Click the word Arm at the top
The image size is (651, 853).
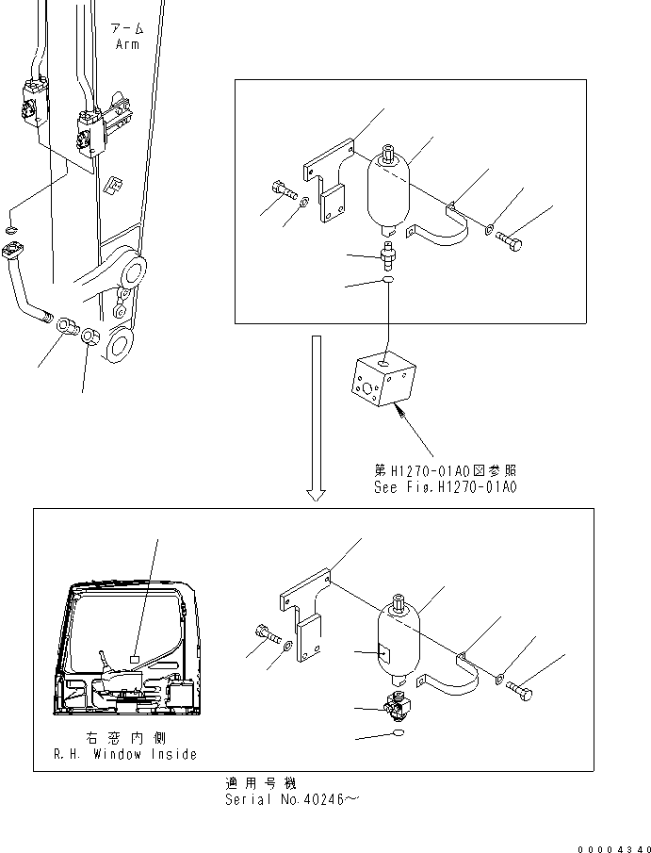tap(126, 43)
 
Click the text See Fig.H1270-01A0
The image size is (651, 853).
tap(445, 487)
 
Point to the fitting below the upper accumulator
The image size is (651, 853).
tap(386, 254)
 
